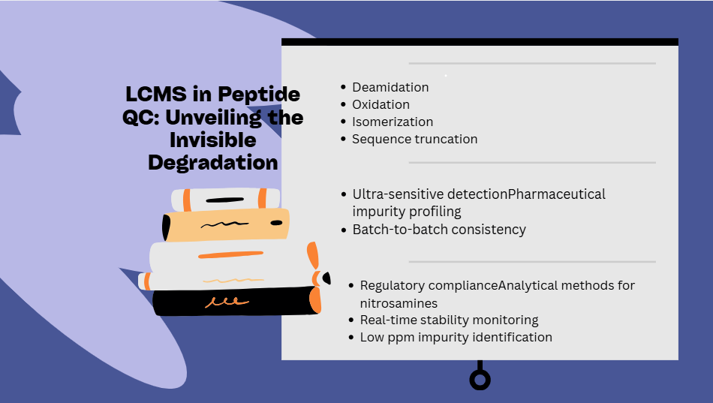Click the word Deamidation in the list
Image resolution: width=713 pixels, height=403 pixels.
(x=390, y=87)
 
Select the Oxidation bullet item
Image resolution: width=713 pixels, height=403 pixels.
(x=381, y=104)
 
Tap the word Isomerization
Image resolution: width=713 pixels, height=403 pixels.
(x=393, y=122)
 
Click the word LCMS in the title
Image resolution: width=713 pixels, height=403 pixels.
(x=156, y=94)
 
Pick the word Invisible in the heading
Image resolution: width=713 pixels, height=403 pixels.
(x=213, y=140)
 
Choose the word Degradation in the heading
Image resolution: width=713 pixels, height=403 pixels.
(x=213, y=163)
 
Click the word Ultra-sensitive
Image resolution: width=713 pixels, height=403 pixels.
(x=398, y=194)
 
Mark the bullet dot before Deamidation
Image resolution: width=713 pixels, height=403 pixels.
(x=343, y=87)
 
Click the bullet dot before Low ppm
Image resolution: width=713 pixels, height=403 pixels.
(x=351, y=337)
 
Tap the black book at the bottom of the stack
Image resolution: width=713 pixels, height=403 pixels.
(x=236, y=301)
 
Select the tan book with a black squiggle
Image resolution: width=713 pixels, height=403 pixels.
(x=226, y=224)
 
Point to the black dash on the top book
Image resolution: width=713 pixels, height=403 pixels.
(x=224, y=200)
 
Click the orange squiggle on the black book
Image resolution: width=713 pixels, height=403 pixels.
(x=227, y=302)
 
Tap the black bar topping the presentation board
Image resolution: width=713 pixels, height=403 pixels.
(x=480, y=42)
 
